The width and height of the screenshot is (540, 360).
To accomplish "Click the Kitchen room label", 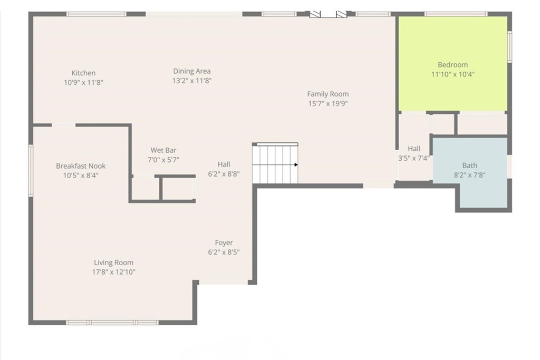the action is pyautogui.click(x=83, y=73).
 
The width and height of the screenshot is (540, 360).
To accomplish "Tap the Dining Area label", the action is pyautogui.click(x=192, y=71).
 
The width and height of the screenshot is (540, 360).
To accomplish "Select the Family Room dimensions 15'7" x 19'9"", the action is pyautogui.click(x=328, y=104).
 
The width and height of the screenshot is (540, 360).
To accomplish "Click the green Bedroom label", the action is pyautogui.click(x=452, y=65).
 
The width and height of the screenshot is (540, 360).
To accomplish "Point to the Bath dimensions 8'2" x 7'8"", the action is pyautogui.click(x=470, y=175).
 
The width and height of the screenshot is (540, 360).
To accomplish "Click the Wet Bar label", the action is pyautogui.click(x=163, y=150).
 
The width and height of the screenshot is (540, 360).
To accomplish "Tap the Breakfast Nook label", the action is pyautogui.click(x=81, y=166).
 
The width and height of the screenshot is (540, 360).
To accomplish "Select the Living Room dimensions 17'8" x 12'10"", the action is pyautogui.click(x=114, y=272).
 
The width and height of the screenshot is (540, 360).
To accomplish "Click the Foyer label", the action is pyautogui.click(x=224, y=243).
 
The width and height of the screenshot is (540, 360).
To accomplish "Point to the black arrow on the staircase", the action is pyautogui.click(x=296, y=165).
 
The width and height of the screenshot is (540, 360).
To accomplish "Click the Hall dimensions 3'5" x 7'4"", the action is pyautogui.click(x=414, y=158).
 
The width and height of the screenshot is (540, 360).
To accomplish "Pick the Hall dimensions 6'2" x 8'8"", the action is pyautogui.click(x=224, y=174).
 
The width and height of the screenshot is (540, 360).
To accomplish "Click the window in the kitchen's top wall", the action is pyautogui.click(x=97, y=14).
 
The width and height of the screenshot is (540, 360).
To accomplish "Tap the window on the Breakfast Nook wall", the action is pyautogui.click(x=31, y=171).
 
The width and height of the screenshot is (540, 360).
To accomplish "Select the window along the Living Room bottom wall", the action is pyautogui.click(x=112, y=323).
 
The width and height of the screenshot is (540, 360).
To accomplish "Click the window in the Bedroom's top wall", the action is pyautogui.click(x=456, y=14).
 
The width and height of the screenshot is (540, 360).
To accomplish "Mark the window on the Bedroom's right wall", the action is pyautogui.click(x=510, y=47).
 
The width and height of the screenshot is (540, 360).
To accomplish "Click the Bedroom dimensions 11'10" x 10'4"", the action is pyautogui.click(x=453, y=74).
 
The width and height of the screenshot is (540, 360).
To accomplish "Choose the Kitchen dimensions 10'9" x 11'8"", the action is pyautogui.click(x=84, y=83).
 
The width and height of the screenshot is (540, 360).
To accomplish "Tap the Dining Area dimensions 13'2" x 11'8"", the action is pyautogui.click(x=192, y=81).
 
